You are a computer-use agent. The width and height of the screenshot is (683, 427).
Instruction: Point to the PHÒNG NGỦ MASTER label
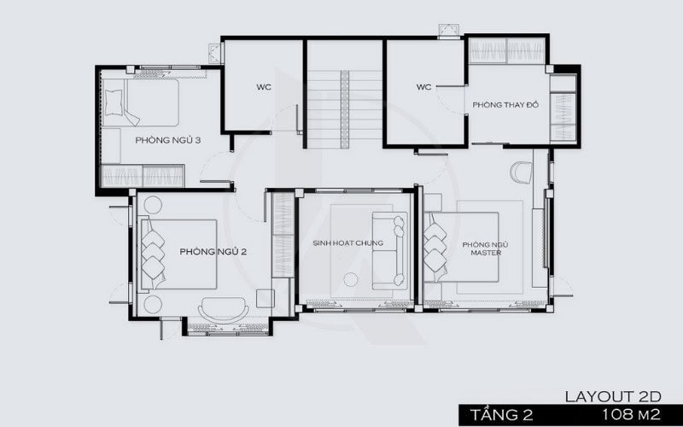(x=482, y=249)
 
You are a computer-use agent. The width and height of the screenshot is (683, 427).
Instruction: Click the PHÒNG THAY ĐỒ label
(x=503, y=104)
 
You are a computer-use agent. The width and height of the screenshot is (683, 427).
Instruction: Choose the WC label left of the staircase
(x=263, y=87)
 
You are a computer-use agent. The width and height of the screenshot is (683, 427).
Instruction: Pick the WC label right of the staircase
(x=424, y=87)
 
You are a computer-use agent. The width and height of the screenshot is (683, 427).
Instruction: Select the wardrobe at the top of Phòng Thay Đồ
(x=506, y=50)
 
